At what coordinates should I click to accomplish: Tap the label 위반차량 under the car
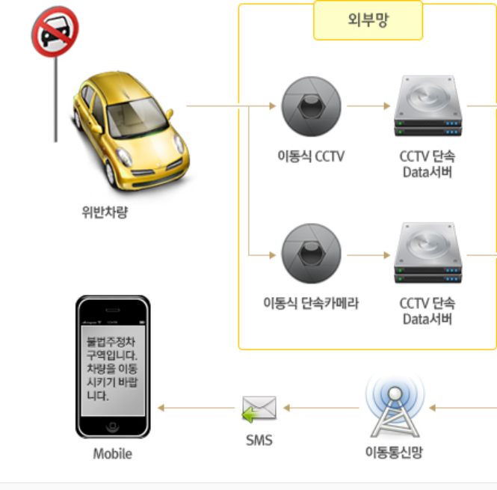point(105,212)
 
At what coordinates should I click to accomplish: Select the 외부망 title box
point(368,20)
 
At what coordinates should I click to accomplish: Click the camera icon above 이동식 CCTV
point(311,106)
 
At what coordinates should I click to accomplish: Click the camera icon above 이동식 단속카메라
point(311,254)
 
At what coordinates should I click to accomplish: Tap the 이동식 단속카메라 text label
point(311,304)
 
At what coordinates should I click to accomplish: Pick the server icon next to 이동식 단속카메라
point(429,253)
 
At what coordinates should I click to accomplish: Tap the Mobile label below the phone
point(112,453)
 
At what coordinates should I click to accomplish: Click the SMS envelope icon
point(259,408)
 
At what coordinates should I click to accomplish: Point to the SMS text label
point(259,441)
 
